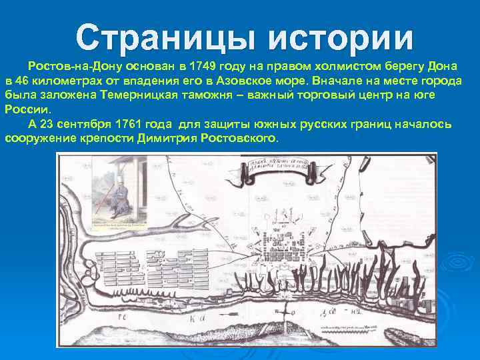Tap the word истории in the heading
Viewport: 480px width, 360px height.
pyautogui.click(x=341, y=38)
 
